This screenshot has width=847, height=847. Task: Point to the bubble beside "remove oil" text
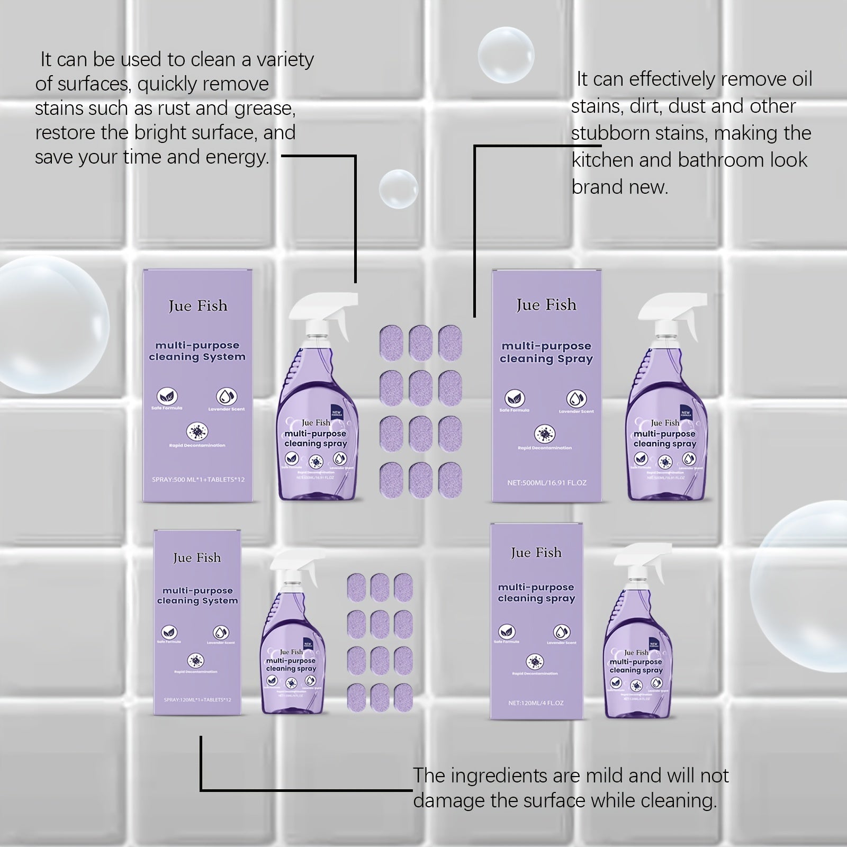[x=506, y=55]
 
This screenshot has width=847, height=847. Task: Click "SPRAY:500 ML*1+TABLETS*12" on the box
[x=197, y=480]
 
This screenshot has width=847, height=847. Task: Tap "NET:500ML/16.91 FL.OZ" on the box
[x=546, y=483]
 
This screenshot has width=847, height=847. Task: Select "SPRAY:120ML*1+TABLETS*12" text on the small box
[x=197, y=700]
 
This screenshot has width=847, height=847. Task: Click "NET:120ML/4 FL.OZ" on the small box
[x=536, y=703]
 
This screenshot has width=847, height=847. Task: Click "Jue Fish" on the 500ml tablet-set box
[x=197, y=306]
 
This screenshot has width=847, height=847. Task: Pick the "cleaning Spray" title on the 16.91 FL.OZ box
[x=546, y=359]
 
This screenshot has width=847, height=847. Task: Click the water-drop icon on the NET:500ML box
[x=576, y=398]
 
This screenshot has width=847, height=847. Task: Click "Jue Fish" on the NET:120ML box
[x=536, y=553]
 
